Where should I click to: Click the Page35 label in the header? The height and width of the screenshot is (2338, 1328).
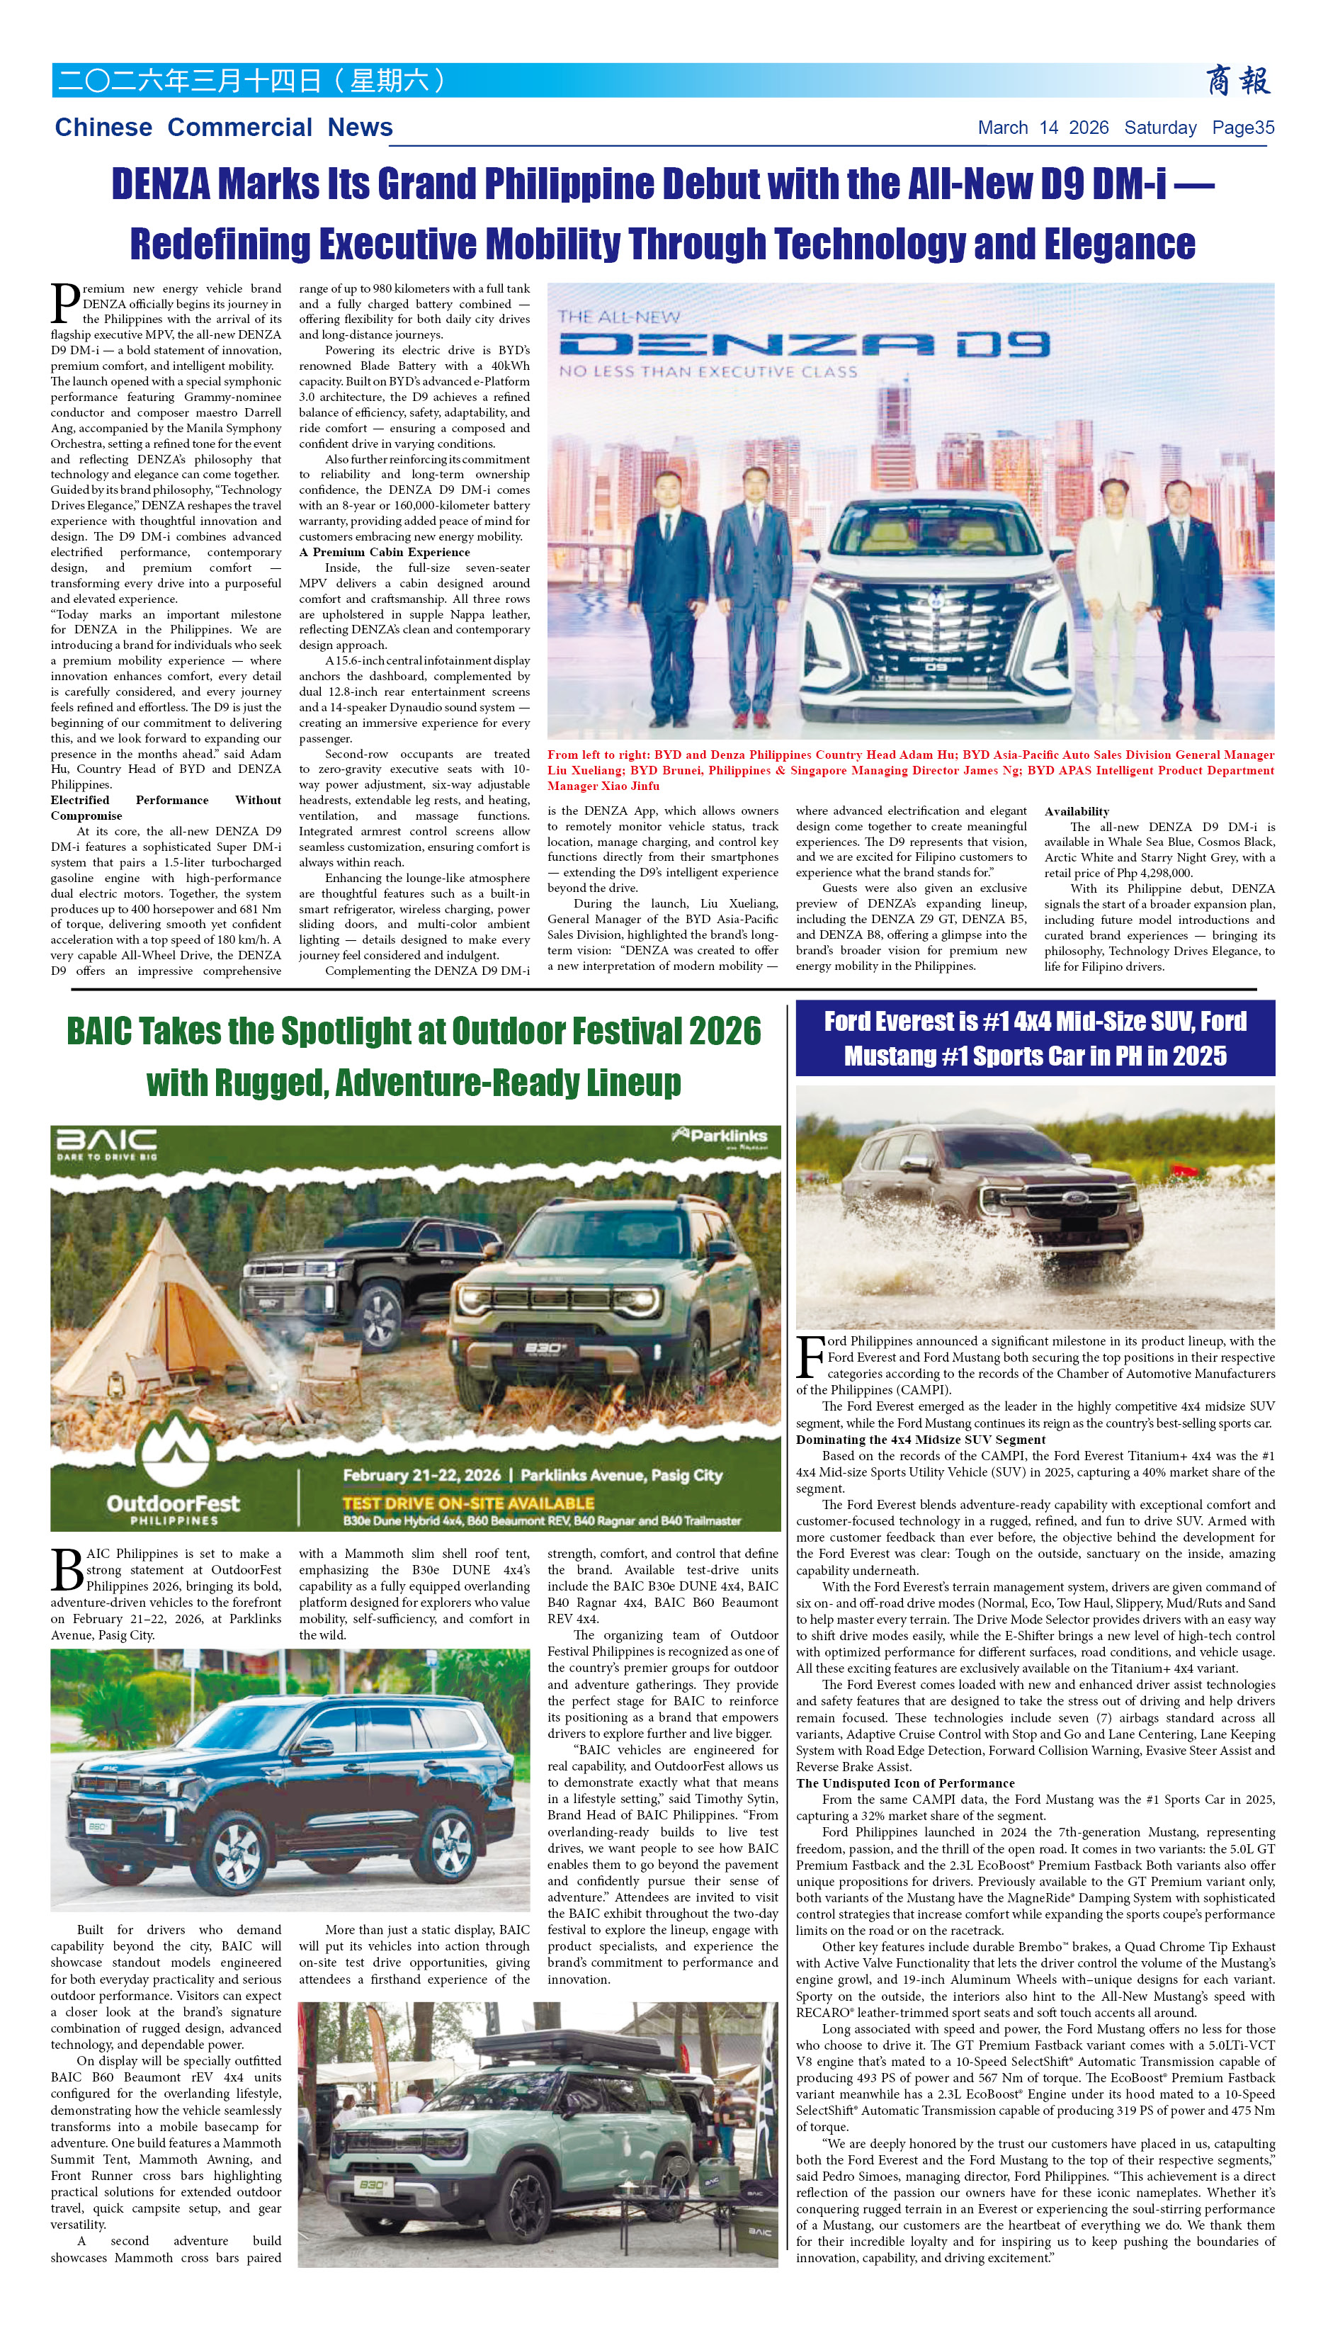coord(1242,128)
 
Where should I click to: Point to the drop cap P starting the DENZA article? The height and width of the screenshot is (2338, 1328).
coord(64,304)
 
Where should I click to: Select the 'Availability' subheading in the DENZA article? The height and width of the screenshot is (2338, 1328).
coord(1077,811)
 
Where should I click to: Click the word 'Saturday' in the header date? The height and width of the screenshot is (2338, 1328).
coord(1159,128)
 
